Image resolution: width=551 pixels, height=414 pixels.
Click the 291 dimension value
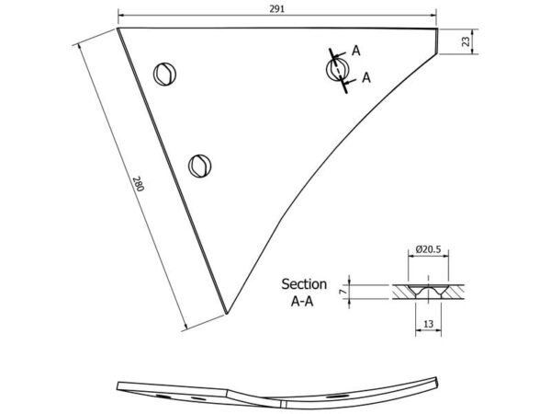277,9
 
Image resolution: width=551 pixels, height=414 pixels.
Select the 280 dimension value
139,183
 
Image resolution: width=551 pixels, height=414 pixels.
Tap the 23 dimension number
466,41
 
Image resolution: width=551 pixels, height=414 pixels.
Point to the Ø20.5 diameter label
428,249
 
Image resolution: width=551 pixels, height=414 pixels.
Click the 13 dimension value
428,324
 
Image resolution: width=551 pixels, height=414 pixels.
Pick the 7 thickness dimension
344,291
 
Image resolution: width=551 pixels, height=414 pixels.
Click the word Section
304,284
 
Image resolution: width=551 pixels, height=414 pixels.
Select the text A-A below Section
302,302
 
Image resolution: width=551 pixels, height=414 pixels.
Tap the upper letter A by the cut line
356,51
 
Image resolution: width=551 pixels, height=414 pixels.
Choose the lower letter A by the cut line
366,77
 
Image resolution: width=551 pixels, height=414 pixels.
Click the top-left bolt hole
164,74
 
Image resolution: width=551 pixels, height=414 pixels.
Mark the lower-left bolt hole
199,166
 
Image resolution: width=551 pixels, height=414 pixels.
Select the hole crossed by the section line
337,69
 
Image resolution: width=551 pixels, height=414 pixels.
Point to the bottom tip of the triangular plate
227,314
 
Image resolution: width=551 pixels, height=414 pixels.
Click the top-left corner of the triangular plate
118,29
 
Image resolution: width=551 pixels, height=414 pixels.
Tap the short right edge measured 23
437,41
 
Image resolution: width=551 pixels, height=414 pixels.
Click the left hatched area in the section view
404,292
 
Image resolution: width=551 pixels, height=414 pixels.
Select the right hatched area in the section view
453,292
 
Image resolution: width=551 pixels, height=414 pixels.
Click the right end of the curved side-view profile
437,382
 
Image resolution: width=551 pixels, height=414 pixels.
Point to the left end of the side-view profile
118,385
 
